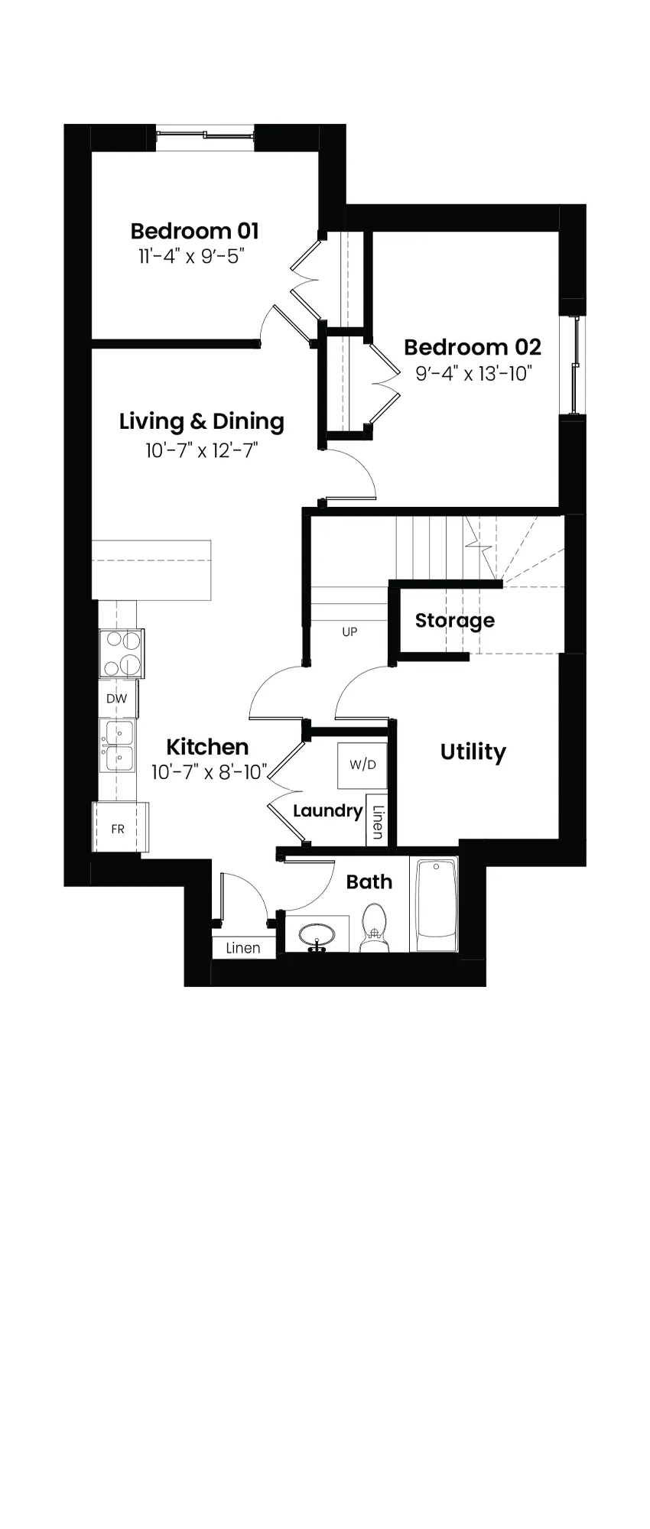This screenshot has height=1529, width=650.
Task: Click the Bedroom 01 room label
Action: (x=194, y=231)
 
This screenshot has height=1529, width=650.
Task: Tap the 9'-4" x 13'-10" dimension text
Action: (x=473, y=374)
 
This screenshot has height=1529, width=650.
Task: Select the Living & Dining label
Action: (x=202, y=421)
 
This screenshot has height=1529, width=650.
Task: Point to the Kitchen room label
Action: (x=207, y=747)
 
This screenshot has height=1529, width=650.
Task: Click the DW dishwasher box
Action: (x=117, y=699)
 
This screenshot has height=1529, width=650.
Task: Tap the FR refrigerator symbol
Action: (x=120, y=828)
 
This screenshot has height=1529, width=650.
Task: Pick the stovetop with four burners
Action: (x=122, y=654)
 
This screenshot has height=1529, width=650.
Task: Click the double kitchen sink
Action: (x=119, y=746)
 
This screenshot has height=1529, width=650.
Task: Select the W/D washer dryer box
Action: (x=363, y=764)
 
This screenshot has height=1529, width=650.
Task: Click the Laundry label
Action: (x=327, y=811)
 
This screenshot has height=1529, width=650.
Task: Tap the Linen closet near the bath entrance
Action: (x=243, y=947)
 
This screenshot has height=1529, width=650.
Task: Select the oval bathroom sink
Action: (x=316, y=935)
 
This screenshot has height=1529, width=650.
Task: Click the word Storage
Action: (x=455, y=620)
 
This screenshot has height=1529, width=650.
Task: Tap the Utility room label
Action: (x=473, y=752)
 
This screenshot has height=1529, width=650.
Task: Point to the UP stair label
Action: (x=349, y=632)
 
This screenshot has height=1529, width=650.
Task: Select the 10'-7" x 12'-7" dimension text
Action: (x=202, y=450)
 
